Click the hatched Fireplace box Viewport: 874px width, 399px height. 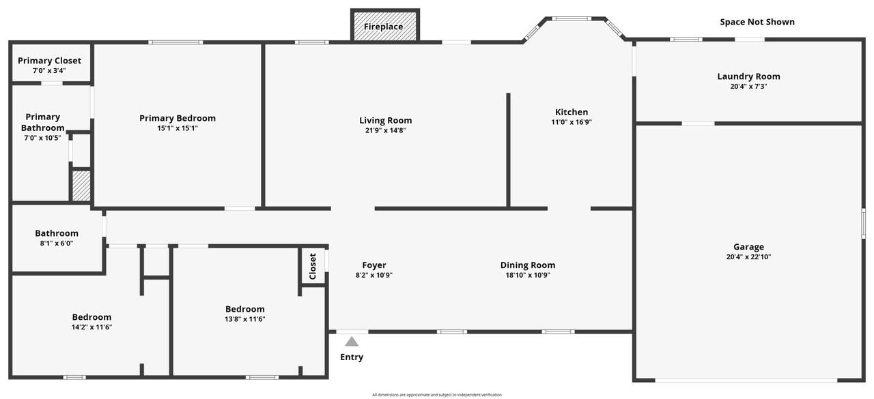tap(385, 25)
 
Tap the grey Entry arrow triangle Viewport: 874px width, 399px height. tap(352, 342)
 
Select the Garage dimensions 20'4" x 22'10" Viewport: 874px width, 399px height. tap(748, 256)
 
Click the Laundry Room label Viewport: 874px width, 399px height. tap(748, 76)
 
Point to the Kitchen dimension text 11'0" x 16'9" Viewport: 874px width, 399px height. tap(572, 122)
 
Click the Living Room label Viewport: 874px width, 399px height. tap(386, 121)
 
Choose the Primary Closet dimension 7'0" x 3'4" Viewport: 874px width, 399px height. tap(49, 70)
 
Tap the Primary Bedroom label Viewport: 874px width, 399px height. tap(178, 118)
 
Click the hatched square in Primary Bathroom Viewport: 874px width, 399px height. tap(81, 186)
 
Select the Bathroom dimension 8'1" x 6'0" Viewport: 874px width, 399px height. tap(57, 243)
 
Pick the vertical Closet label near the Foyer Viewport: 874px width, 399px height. tap(313, 266)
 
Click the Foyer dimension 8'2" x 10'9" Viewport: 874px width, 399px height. tap(373, 275)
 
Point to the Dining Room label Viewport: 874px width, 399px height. tap(528, 265)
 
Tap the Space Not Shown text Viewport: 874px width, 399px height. tap(757, 22)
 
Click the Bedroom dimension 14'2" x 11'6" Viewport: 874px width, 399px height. tap(91, 327)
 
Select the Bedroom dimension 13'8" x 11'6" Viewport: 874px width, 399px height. tap(244, 319)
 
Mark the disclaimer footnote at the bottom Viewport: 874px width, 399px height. tap(436, 395)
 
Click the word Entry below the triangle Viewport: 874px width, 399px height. tap(352, 357)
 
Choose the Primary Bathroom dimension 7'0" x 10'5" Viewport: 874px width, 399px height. tap(42, 138)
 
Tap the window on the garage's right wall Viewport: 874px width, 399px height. tap(863, 223)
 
